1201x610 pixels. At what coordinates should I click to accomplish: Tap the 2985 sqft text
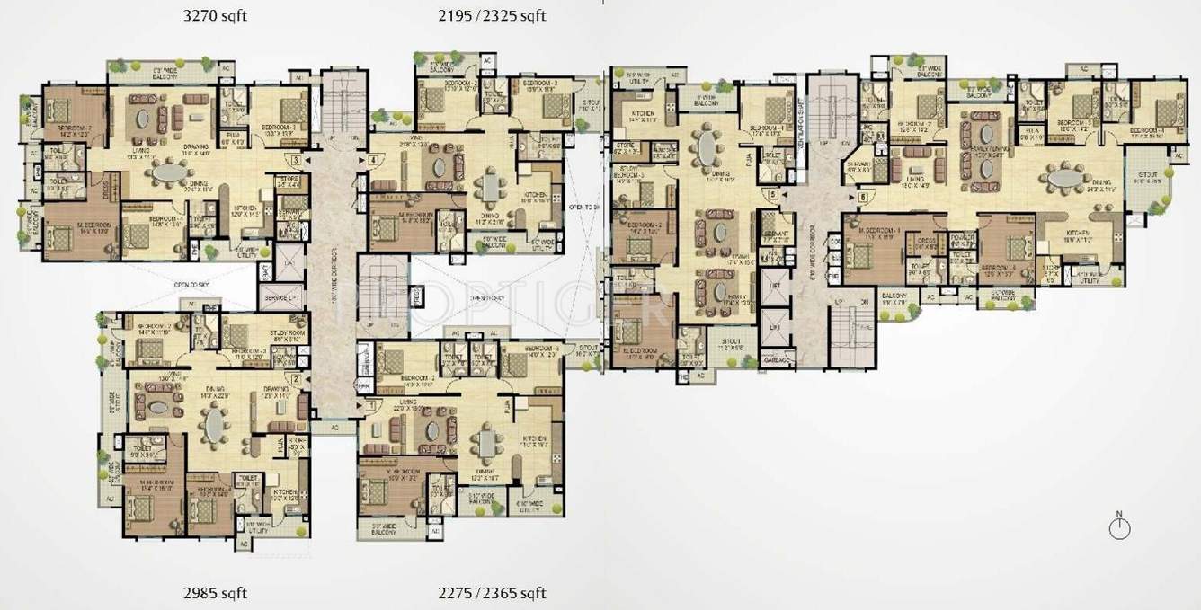tap(210, 593)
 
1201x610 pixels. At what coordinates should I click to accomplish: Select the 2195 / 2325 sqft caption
tap(494, 15)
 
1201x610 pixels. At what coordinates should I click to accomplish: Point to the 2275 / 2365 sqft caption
tap(493, 593)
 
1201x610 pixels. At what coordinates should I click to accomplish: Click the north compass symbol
tap(1119, 527)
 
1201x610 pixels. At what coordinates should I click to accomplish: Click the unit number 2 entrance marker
tap(295, 378)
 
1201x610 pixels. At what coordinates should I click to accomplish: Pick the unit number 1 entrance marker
tap(372, 406)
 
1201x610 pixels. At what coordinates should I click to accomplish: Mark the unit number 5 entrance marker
tap(772, 194)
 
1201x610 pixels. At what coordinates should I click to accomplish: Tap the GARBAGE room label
tap(776, 359)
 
